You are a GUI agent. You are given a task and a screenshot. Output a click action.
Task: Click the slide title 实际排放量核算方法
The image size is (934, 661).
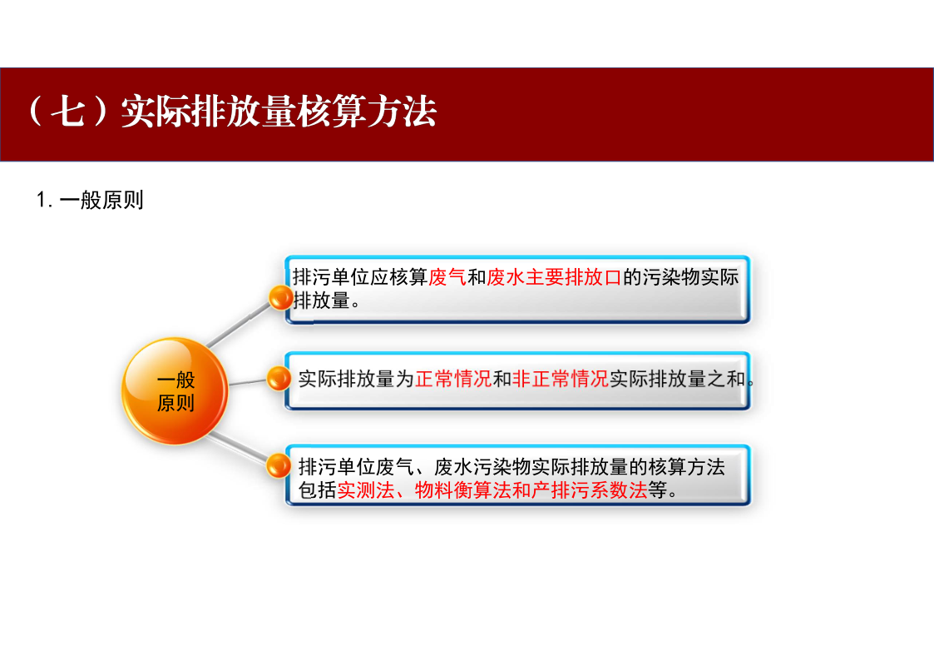coord(279,111)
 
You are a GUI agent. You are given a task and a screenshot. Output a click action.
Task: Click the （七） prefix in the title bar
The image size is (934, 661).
coord(68,111)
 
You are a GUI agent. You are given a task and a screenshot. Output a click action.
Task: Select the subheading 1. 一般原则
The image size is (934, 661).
coord(90,200)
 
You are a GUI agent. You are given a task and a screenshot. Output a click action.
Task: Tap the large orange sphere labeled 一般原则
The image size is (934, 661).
coord(175,391)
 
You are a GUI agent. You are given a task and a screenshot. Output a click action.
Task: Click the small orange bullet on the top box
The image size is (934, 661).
coord(280,297)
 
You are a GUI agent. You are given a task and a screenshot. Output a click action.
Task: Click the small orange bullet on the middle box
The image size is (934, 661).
coord(278,379)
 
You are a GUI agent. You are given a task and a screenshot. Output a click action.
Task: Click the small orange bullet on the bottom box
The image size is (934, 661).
coord(278,465)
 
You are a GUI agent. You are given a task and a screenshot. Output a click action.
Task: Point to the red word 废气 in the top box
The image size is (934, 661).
coord(447,277)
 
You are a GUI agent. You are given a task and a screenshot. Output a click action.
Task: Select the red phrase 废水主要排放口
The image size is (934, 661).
coord(554,277)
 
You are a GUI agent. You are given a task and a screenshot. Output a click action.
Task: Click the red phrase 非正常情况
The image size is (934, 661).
coord(561,379)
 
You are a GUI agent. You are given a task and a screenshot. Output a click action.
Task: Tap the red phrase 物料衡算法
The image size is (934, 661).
coord(462,490)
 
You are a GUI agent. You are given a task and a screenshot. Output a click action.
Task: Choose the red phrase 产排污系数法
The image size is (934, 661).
coord(589,490)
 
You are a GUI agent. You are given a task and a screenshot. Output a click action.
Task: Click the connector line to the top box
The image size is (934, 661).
coord(238,324)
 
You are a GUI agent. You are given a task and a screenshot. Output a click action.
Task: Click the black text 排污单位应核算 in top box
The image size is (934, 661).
coord(360,277)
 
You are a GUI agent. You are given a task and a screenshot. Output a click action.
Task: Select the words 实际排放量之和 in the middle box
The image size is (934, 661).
coord(677,379)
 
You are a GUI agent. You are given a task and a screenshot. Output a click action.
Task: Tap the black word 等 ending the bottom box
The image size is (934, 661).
coord(657,490)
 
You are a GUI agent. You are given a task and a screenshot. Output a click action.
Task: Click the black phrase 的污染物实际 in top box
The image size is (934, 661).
coord(681,277)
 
